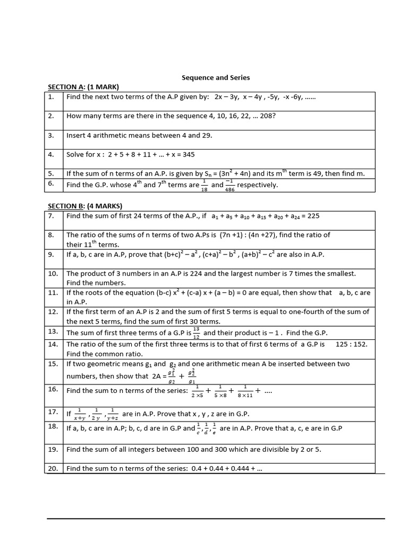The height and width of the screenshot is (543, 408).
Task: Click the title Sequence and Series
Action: click(x=216, y=77)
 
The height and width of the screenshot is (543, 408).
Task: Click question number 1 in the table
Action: click(x=51, y=98)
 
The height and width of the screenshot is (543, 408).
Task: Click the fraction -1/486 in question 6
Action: click(x=229, y=185)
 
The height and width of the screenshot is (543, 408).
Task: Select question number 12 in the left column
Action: click(x=53, y=312)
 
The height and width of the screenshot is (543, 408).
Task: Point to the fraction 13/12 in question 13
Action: click(x=197, y=332)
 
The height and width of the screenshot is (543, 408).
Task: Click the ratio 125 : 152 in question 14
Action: click(x=351, y=344)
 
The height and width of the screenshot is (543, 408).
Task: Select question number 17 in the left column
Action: click(x=53, y=411)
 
